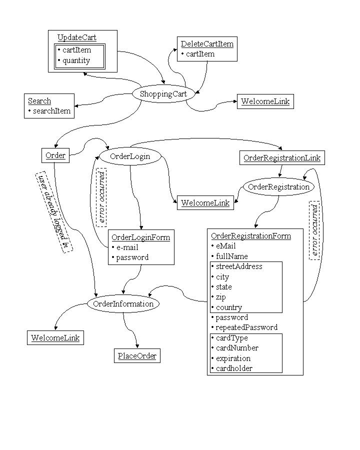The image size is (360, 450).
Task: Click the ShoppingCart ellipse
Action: coord(163,93)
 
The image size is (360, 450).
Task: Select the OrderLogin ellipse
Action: coord(130,156)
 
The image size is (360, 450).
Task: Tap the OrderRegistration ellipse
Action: coord(278,187)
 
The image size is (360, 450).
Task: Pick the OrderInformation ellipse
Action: coord(123,303)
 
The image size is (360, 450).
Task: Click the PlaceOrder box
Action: coord(137,356)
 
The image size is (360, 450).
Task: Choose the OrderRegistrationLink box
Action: coord(282,158)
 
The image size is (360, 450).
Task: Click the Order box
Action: coord(55,155)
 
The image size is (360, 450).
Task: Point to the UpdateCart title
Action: coord(77,37)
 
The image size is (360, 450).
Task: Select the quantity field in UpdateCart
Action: coord(74,60)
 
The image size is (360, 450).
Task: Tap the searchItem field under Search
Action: coord(49,111)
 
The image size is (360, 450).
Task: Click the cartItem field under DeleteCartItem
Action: coord(198,54)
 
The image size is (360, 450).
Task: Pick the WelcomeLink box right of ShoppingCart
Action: coord(265,101)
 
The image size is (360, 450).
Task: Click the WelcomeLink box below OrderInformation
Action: coord(55,338)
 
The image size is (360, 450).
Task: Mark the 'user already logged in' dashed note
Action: coord(54,212)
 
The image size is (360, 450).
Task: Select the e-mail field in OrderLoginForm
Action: coord(125,247)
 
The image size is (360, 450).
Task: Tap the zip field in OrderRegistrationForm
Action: coord(219,297)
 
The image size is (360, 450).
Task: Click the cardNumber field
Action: coord(235,348)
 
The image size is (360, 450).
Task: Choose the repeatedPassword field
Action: coord(244,327)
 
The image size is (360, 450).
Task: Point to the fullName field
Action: coord(229,256)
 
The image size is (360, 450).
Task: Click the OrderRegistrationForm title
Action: coord(251,236)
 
